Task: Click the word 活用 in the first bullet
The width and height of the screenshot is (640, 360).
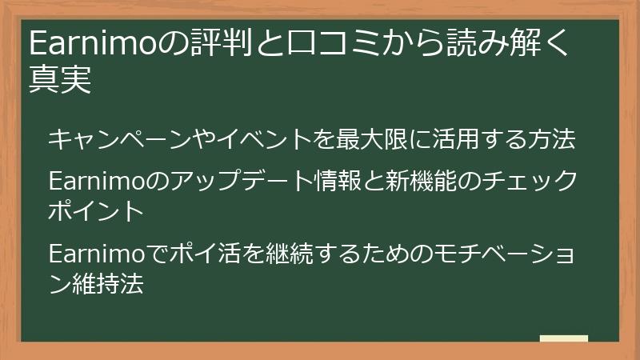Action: (454, 139)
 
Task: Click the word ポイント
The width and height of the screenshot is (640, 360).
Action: (96, 211)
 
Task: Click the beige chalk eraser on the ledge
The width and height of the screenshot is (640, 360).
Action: (564, 338)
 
